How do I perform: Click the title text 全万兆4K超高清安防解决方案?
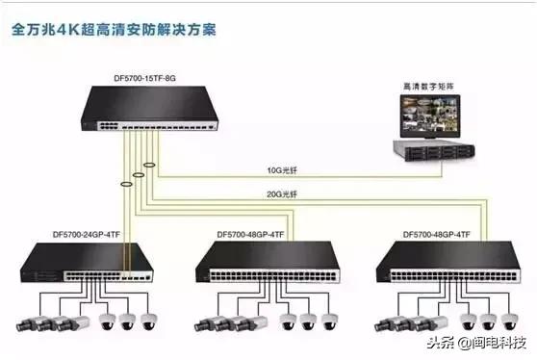pos(114,29)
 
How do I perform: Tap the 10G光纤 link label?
pos(284,172)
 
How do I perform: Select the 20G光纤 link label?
pos(284,196)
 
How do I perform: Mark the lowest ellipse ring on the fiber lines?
pos(126,183)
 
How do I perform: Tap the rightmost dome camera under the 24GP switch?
pos(149,321)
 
